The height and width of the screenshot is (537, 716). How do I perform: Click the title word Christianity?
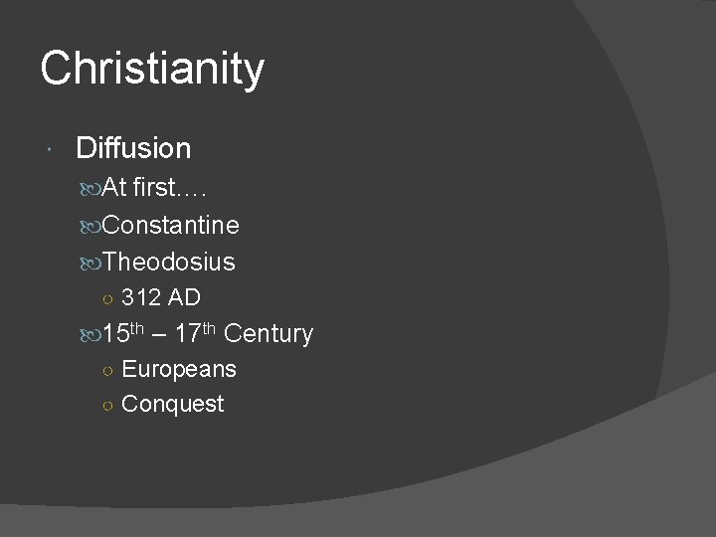click(x=152, y=70)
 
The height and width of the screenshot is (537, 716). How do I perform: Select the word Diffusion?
click(x=133, y=148)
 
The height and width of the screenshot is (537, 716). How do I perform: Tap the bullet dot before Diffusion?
click(x=50, y=148)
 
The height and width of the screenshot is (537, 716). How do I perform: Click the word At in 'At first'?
click(x=115, y=188)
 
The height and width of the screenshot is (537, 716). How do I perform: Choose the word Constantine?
click(x=170, y=225)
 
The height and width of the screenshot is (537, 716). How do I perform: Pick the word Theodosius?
click(x=168, y=262)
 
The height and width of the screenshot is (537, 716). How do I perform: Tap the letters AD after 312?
click(x=184, y=296)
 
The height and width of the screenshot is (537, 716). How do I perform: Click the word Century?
click(x=268, y=333)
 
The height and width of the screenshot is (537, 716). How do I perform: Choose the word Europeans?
click(x=179, y=369)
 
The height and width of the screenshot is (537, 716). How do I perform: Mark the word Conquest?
click(x=173, y=404)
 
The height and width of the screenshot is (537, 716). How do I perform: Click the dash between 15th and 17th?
click(x=161, y=334)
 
